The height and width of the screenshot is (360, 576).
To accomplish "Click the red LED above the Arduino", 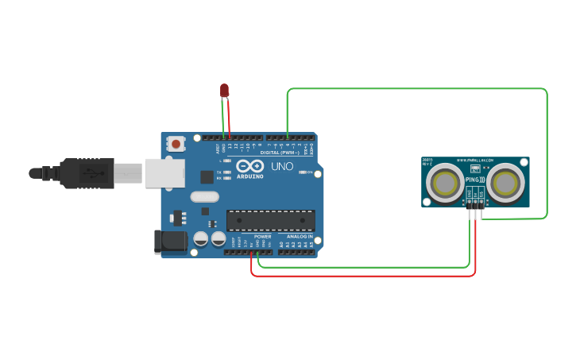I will point(225,91).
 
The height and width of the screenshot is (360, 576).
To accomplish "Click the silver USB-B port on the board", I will point(164,173).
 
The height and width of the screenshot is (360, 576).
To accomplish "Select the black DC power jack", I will point(169,242).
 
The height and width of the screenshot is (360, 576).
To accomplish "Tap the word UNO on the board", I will point(282,168).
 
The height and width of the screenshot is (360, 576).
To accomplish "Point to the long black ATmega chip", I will point(270,220).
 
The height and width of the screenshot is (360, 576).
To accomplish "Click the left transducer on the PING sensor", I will point(445,183).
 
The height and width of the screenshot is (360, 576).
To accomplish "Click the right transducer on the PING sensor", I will point(505,183).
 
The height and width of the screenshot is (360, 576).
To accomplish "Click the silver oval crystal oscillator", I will point(204,196).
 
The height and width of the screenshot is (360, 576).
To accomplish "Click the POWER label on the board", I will point(263,237).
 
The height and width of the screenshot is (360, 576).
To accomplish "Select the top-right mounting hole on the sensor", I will point(522,162).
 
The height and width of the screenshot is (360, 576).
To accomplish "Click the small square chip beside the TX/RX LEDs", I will point(207,176).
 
